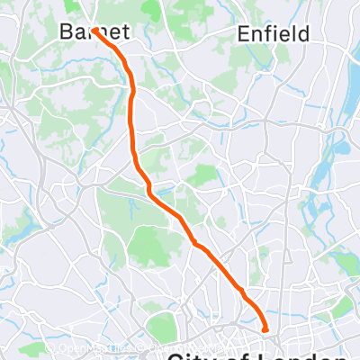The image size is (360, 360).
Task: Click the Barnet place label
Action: pos(94,32)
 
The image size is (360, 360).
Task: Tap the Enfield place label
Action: pos(274,34)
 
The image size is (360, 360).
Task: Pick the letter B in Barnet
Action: pos(65,32)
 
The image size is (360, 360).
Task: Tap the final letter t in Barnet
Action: pos(125,32)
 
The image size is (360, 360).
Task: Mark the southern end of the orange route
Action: pos(265,330)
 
